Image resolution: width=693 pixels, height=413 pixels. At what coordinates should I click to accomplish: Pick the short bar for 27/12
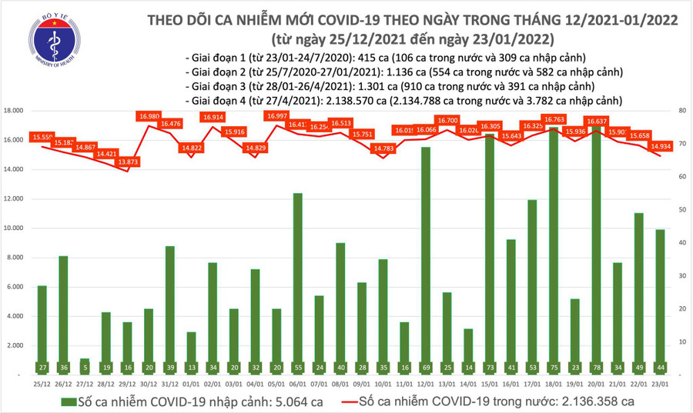point(85,366)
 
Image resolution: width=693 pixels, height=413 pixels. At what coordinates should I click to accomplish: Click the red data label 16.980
point(149,116)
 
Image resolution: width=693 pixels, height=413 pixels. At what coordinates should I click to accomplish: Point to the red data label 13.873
point(128,162)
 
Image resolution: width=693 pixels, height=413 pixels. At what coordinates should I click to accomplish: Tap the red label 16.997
point(277,115)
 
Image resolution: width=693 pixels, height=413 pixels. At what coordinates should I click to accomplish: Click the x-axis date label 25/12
point(42,383)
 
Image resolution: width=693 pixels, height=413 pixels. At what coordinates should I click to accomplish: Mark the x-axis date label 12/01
point(425,383)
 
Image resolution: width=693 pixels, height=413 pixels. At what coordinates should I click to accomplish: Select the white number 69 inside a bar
point(425,367)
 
